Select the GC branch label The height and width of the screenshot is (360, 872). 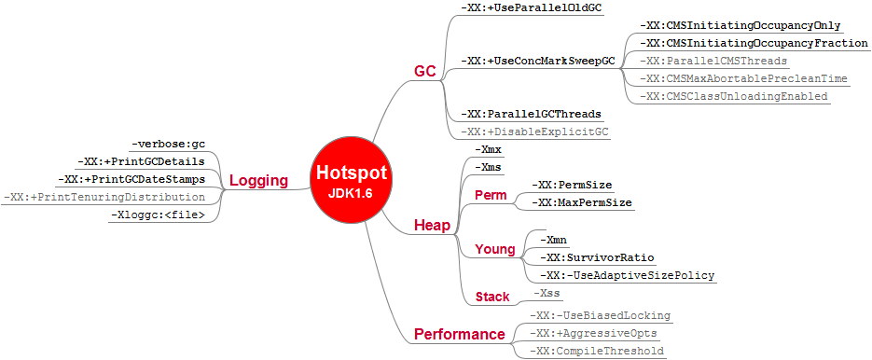pyautogui.click(x=425, y=72)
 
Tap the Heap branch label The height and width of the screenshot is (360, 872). pyautogui.click(x=433, y=226)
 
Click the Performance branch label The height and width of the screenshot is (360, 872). pyautogui.click(x=460, y=334)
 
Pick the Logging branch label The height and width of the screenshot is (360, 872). pyautogui.click(x=258, y=180)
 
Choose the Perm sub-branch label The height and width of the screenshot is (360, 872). pyautogui.click(x=491, y=195)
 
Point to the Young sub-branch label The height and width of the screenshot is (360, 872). pyautogui.click(x=494, y=249)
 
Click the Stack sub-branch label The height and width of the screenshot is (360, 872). pyautogui.click(x=492, y=298)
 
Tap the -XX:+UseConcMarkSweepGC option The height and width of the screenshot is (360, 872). pyautogui.click(x=538, y=61)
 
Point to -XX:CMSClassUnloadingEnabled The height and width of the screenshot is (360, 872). pyautogui.click(x=734, y=96)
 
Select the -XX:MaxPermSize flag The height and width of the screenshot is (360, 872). pyautogui.click(x=581, y=202)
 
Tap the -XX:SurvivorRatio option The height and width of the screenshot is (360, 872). pyautogui.click(x=596, y=257)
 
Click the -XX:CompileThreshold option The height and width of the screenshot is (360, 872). pyautogui.click(x=596, y=351)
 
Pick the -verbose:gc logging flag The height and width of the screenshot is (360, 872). pyautogui.click(x=168, y=145)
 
